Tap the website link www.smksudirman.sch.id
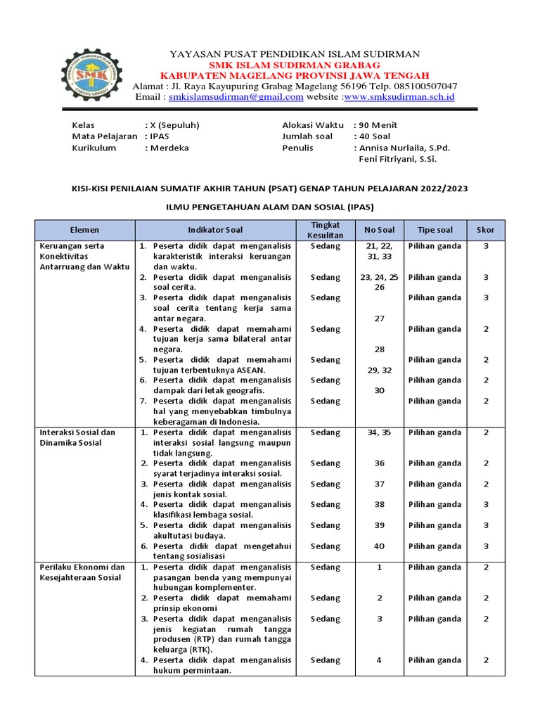[x=399, y=97]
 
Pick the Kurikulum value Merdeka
[x=169, y=148]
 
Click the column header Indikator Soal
[x=215, y=230]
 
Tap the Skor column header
[x=486, y=230]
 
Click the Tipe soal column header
[x=435, y=230]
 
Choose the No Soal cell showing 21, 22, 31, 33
[x=379, y=252]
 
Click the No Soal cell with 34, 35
[x=379, y=432]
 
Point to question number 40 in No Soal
[x=379, y=546]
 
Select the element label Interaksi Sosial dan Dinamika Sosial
[x=78, y=437]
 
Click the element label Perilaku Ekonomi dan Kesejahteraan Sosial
[x=82, y=572]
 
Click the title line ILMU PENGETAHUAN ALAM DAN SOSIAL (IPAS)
[x=269, y=207]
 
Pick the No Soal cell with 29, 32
[x=379, y=370]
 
